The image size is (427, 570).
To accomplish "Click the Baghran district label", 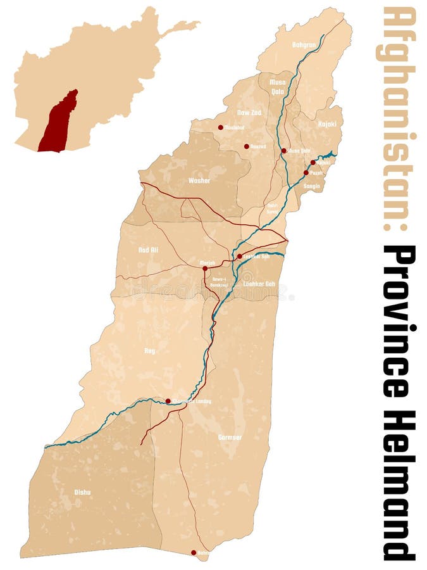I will [304, 45].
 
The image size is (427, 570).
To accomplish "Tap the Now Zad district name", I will [249, 112].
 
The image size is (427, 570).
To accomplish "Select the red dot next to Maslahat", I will [221, 127].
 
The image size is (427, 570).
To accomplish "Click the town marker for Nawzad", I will [247, 146].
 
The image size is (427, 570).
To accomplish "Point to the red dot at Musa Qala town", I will [284, 151].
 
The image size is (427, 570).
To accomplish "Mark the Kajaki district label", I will [327, 124].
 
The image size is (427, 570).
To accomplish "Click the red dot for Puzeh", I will [306, 172].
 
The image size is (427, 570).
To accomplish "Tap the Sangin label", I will [312, 186].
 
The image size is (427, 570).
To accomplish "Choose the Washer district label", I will [199, 180].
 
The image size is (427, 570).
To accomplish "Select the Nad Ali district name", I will [148, 250].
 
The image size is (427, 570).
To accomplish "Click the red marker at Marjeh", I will [205, 269].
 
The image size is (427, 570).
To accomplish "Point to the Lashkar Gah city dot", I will [240, 256].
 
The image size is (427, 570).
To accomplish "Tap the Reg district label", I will [149, 350].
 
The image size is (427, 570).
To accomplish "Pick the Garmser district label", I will [230, 437].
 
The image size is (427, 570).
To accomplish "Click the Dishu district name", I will [82, 492].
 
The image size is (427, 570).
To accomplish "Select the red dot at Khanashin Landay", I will [168, 401].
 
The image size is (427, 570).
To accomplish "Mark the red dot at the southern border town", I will [194, 552].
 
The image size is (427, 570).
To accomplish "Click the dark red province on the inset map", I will [58, 123].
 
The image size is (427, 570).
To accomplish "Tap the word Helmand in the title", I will [400, 484].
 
